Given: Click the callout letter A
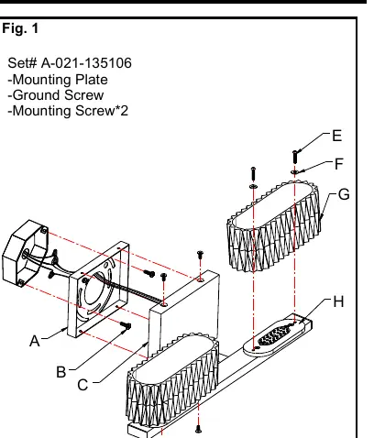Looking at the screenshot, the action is (35, 341).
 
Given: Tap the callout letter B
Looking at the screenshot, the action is (61, 372).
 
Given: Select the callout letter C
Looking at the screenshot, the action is (82, 385).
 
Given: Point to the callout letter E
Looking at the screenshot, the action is (336, 136).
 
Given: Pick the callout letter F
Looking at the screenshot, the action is (339, 164).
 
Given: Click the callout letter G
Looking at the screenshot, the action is (344, 194).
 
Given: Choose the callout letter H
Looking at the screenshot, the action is (338, 301).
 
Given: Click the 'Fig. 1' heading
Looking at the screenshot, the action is (20, 28).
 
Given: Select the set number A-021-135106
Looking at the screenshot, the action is (86, 63).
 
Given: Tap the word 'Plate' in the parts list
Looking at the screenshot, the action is (92, 80).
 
